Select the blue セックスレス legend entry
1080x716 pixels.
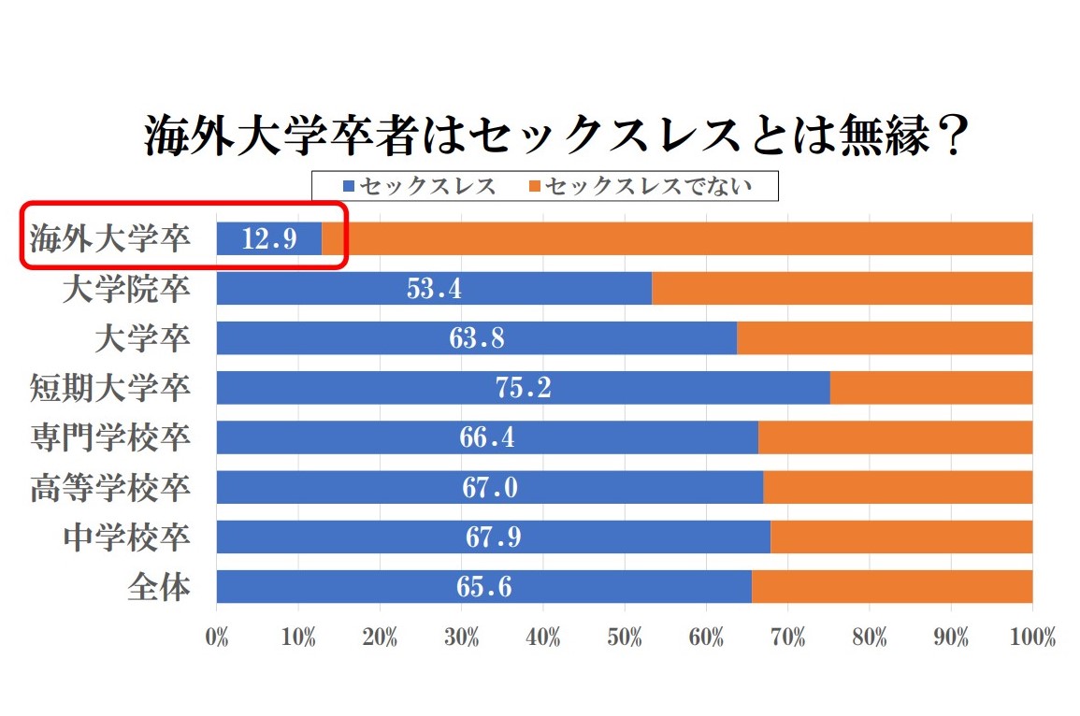(x=420, y=186)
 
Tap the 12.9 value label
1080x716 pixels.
(x=269, y=239)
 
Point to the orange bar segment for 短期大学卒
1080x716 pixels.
(x=930, y=388)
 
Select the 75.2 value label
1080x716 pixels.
(x=523, y=388)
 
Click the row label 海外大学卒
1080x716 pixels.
(x=110, y=239)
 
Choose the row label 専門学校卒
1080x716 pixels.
(x=110, y=437)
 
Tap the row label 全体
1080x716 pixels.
(x=159, y=587)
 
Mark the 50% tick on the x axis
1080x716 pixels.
(x=625, y=638)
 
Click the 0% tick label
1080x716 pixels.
(x=217, y=638)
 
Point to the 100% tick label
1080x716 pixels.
(x=1032, y=638)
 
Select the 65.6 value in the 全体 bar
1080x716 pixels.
(x=484, y=587)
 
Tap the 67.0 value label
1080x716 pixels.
(x=490, y=488)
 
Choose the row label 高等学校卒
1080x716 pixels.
(x=110, y=488)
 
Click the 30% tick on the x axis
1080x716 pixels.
(x=462, y=638)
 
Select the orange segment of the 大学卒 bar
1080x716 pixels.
(x=884, y=338)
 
